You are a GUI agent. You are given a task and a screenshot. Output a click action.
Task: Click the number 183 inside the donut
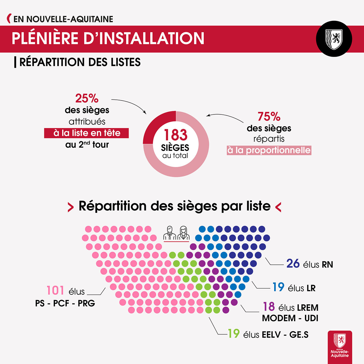point(176,135)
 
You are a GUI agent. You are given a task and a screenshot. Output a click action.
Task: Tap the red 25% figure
point(87,98)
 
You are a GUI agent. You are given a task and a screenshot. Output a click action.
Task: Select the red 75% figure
point(269,117)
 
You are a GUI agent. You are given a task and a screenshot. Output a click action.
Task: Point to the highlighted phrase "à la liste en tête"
point(87,133)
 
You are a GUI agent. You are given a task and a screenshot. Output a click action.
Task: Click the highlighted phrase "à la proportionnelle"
point(269,150)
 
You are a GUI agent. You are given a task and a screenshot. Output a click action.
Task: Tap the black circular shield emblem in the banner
point(334,39)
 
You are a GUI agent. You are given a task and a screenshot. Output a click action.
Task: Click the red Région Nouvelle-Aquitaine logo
point(340,346)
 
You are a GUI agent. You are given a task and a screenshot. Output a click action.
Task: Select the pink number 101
point(55,290)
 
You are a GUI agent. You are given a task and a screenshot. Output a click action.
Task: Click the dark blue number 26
point(293,264)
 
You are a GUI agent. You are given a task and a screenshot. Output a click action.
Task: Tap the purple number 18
point(269,307)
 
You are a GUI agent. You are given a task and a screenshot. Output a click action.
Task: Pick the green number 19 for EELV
point(234,334)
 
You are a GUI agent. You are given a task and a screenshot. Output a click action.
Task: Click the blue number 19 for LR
point(278,287)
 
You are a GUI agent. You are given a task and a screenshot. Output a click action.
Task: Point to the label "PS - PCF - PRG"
point(65,303)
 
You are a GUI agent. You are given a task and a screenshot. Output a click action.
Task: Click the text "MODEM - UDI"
point(290,318)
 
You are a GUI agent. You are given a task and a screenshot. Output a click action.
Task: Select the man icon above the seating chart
point(169,233)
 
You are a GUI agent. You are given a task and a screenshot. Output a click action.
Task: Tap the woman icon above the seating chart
point(183,233)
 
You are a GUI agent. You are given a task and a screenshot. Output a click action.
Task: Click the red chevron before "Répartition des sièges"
point(70,207)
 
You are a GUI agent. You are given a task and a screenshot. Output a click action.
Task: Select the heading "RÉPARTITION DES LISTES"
point(80,62)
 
